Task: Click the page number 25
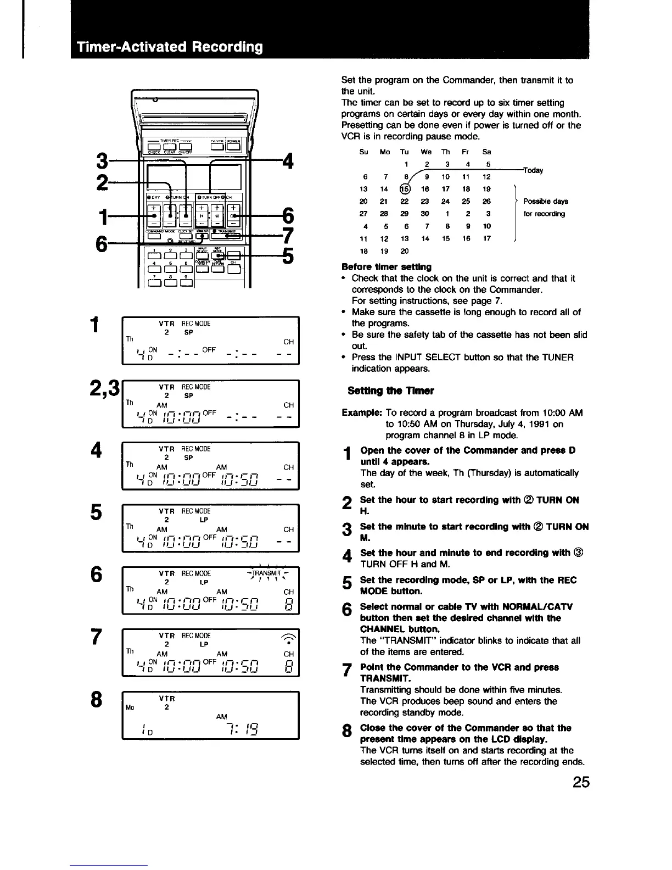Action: [578, 781]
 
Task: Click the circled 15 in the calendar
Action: [405, 189]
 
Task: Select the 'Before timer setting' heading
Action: [386, 267]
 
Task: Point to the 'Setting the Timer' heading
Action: [390, 391]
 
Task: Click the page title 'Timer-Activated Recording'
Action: [170, 47]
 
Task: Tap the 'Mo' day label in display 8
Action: [130, 707]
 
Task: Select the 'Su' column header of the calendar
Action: [363, 152]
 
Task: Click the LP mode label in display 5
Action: [203, 520]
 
